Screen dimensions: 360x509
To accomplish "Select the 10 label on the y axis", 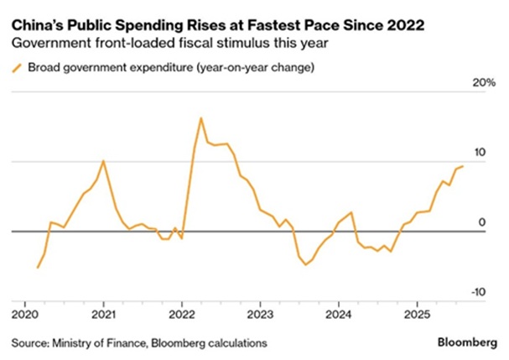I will pos(480,153).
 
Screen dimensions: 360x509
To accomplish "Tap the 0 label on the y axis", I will pos(482,222).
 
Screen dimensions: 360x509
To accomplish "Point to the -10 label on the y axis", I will pos(478,291).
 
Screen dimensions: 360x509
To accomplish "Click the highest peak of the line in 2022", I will pos(201,118).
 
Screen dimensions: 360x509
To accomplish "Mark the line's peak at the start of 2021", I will pos(103,160).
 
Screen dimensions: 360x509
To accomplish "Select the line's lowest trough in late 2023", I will pos(306,264).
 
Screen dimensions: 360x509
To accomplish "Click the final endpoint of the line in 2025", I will pos(462,166).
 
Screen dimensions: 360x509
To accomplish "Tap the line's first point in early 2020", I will pos(38,268).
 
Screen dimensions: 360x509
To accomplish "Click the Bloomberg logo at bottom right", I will pos(466,342).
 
